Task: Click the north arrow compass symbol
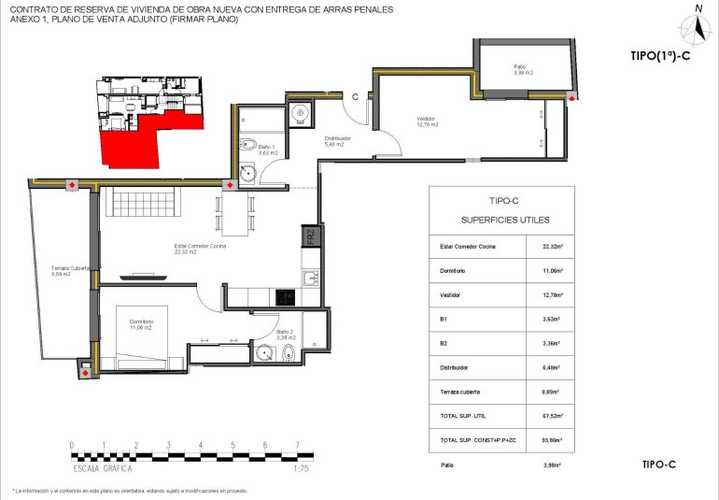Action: pyautogui.click(x=698, y=25)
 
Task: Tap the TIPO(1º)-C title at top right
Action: pyautogui.click(x=660, y=56)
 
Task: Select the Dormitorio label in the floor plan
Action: pyautogui.click(x=141, y=324)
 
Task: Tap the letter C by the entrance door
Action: pyautogui.click(x=355, y=95)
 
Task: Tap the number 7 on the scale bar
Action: pyautogui.click(x=297, y=445)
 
